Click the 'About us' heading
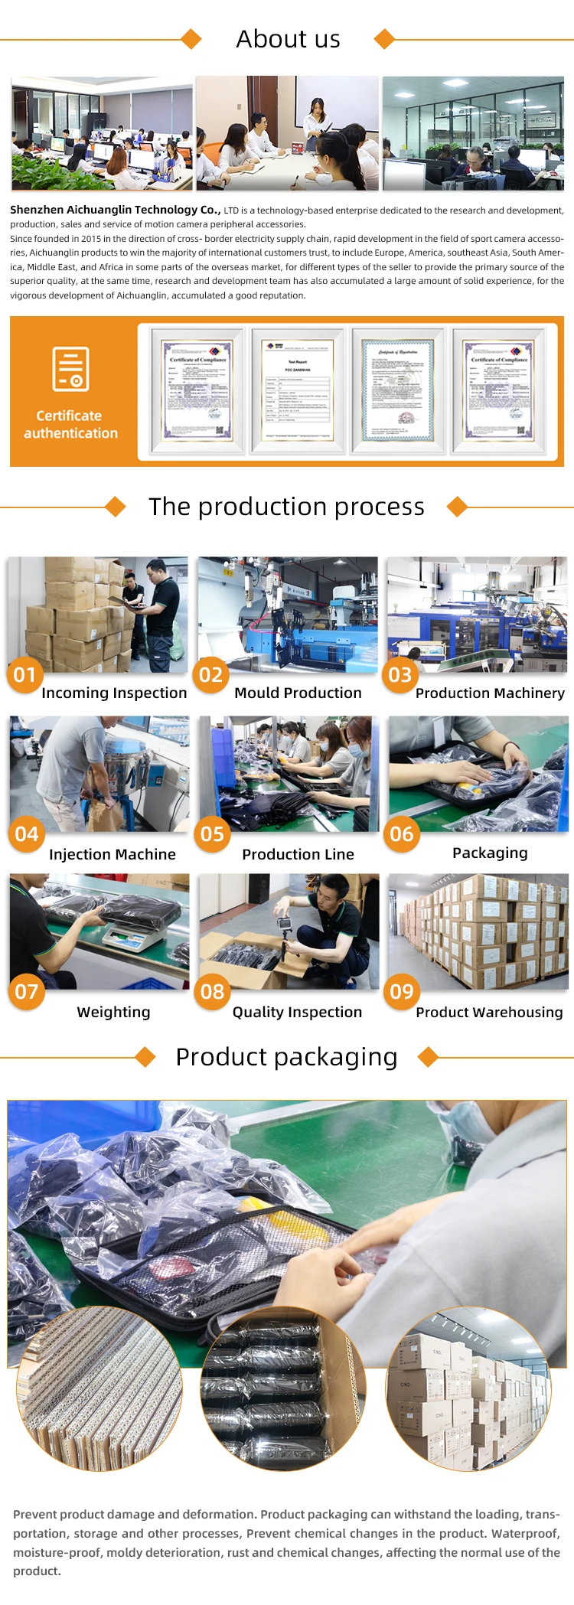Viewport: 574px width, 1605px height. (288, 39)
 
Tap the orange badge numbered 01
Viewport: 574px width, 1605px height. (24, 674)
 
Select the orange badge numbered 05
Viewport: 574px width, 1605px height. (212, 833)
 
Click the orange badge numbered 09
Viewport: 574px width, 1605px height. (401, 992)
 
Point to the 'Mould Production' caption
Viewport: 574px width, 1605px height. (298, 693)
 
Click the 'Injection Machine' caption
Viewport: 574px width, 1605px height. (113, 854)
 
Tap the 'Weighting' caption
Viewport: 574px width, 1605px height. (113, 1012)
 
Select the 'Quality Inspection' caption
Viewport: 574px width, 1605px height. (297, 1012)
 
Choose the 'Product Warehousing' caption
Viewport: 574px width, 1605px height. (489, 1012)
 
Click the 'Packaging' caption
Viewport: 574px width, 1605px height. (490, 853)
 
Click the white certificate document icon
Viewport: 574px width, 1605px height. (70, 369)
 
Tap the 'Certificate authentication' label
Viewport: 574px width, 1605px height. (70, 424)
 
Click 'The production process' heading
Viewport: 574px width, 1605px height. (286, 507)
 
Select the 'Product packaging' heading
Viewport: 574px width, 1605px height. (286, 1057)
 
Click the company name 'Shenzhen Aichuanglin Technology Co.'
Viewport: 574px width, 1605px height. (115, 210)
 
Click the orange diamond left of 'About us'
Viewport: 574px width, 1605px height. (191, 39)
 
